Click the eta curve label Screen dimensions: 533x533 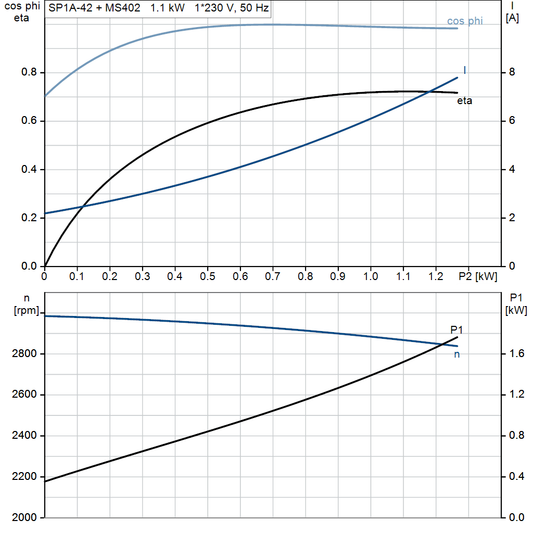(x=465, y=101)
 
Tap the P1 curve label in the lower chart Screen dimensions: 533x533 (x=457, y=329)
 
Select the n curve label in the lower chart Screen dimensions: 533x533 (x=458, y=354)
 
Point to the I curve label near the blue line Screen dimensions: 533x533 (x=466, y=70)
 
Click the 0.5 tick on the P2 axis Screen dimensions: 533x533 (x=207, y=275)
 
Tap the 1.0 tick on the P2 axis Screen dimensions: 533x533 (x=370, y=275)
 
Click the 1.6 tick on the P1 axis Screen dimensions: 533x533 (x=515, y=354)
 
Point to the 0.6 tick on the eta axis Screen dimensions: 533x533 (x=29, y=121)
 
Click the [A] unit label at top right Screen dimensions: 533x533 (x=513, y=20)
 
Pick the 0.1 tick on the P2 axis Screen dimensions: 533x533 (x=77, y=275)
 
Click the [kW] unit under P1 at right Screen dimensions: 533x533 (x=516, y=311)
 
